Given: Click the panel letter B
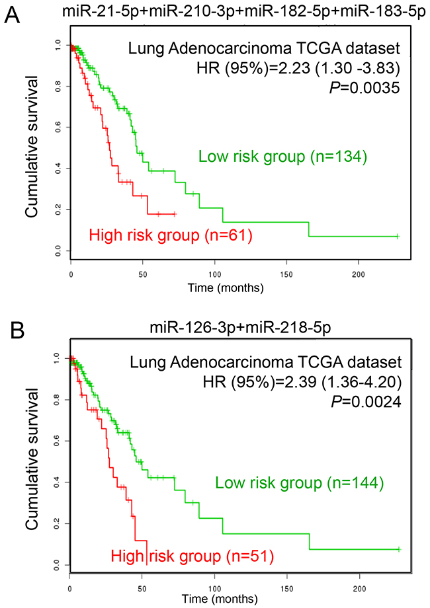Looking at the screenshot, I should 11,328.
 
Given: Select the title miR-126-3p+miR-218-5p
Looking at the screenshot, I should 235,328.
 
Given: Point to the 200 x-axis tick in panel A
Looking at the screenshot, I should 358,273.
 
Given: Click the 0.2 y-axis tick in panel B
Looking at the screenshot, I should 60,523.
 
